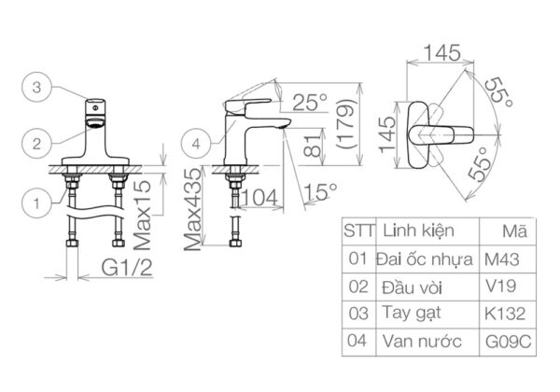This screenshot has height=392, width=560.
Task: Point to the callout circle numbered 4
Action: (194, 145)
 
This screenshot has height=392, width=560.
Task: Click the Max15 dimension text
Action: (142, 215)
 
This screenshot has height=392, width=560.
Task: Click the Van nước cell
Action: (422, 341)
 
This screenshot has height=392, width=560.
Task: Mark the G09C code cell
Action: (509, 342)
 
